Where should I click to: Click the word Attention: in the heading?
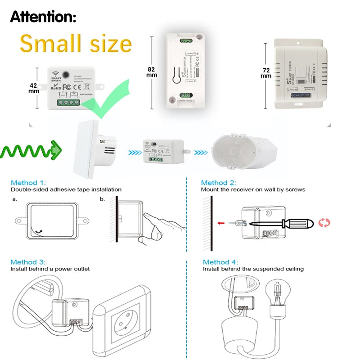pos(43,17)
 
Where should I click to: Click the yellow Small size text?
pos(76,44)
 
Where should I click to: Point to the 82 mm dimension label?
pos(152,72)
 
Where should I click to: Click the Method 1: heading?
pos(28,183)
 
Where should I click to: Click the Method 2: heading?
pos(218,183)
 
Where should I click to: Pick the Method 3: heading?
pos(28,261)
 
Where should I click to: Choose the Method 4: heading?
pos(220,261)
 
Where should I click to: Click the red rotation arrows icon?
pos(324,222)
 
